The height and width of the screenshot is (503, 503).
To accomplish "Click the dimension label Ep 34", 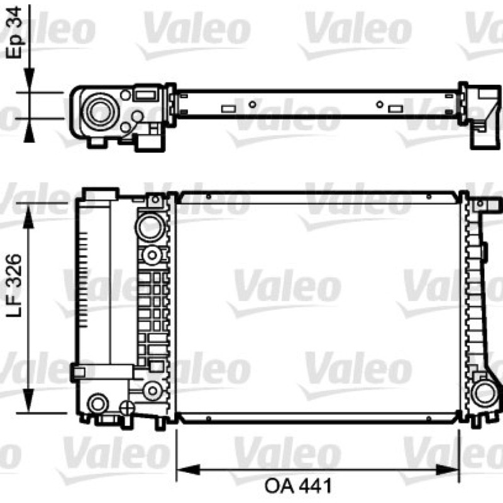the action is pyautogui.click(x=14, y=32).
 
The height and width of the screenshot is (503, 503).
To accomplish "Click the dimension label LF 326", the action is pyautogui.click(x=14, y=285).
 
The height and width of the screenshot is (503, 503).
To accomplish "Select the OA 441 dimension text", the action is pyautogui.click(x=298, y=485).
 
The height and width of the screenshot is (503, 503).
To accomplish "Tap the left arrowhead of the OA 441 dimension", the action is pyautogui.click(x=188, y=470).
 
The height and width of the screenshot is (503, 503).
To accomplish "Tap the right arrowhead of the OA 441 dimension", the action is pyautogui.click(x=448, y=470).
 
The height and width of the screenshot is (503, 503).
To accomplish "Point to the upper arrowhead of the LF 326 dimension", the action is pyautogui.click(x=28, y=216).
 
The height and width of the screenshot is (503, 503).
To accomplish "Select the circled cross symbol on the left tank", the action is pyautogui.click(x=127, y=407).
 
